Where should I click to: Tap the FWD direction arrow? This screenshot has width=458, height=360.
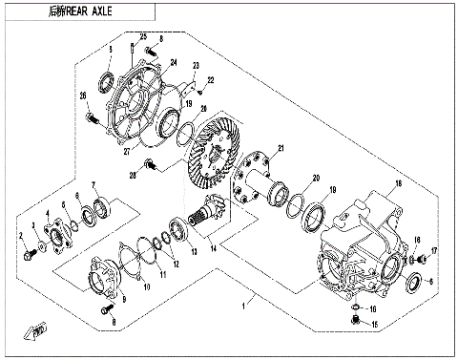(x=38, y=331)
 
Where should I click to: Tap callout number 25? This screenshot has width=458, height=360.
(x=143, y=36)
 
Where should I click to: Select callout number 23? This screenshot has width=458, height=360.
(x=194, y=67)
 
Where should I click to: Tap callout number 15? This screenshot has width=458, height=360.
(x=374, y=326)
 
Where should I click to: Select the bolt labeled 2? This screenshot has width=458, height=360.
(x=30, y=254)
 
